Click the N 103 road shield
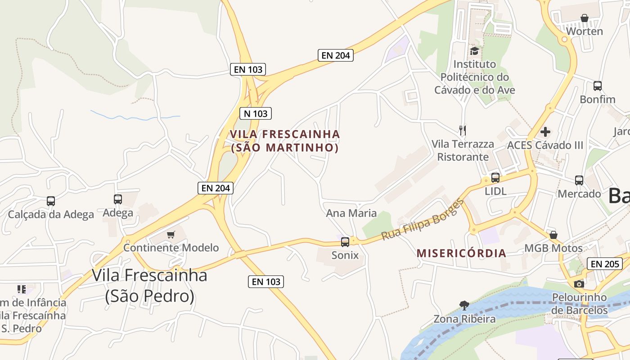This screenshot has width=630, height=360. click(x=256, y=113)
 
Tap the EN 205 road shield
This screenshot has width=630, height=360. click(x=605, y=264)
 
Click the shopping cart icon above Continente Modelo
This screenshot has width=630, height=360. click(x=171, y=234)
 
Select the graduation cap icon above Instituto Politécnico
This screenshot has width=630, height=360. click(x=474, y=51)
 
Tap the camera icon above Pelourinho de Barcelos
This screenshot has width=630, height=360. click(x=579, y=284)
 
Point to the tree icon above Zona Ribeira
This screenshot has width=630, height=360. click(x=464, y=306)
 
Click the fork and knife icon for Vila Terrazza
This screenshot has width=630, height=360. click(x=463, y=130)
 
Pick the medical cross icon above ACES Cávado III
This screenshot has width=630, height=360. click(x=545, y=132)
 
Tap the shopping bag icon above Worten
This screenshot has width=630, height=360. click(x=584, y=18)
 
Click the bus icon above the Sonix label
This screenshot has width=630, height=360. click(x=345, y=242)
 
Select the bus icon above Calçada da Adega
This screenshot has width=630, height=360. click(x=51, y=201)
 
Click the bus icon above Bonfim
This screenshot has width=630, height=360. click(x=598, y=86)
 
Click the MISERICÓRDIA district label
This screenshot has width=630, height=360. click(x=461, y=253)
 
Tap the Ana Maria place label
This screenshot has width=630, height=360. click(x=351, y=213)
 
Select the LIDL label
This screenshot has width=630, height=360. click(x=495, y=191)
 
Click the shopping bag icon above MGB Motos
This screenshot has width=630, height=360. click(x=553, y=235)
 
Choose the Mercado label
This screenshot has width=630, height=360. click(x=579, y=193)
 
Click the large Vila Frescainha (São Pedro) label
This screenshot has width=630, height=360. click(x=149, y=285)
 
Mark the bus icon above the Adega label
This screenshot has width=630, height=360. click(x=118, y=199)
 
